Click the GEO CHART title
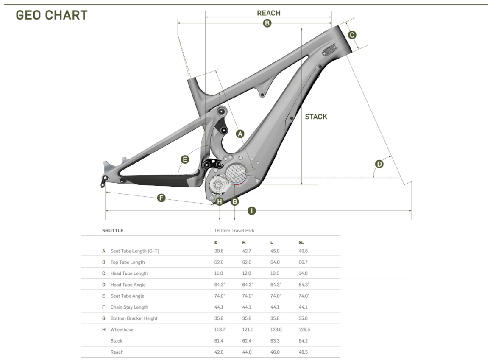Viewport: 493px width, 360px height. coord(52,15)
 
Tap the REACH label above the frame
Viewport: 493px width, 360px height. coord(268,13)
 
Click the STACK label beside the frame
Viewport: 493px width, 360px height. coord(316,117)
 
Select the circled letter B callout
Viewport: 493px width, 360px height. coord(267,23)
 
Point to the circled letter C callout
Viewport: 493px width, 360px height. coord(352,35)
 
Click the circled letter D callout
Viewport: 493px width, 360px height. coord(379,164)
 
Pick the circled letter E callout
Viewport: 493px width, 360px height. coord(185,159)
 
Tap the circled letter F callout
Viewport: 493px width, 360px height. coord(161,198)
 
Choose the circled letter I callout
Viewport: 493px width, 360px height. coord(251,211)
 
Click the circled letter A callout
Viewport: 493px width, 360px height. coord(240,134)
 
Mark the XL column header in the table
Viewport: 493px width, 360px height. coord(301,243)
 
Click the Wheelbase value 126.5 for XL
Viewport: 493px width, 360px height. coord(304,329)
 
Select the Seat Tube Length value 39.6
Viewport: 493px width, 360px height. coord(219,251)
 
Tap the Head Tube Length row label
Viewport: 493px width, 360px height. coord(129,273)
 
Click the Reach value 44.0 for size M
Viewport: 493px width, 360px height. coord(247,352)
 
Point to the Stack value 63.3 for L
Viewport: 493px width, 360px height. coord(275,341)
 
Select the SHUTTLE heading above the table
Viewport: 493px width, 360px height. coord(113,231)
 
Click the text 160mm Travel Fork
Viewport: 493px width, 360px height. coord(234,231)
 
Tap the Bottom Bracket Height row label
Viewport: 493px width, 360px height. coord(134,318)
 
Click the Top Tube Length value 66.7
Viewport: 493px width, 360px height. coord(303,262)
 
